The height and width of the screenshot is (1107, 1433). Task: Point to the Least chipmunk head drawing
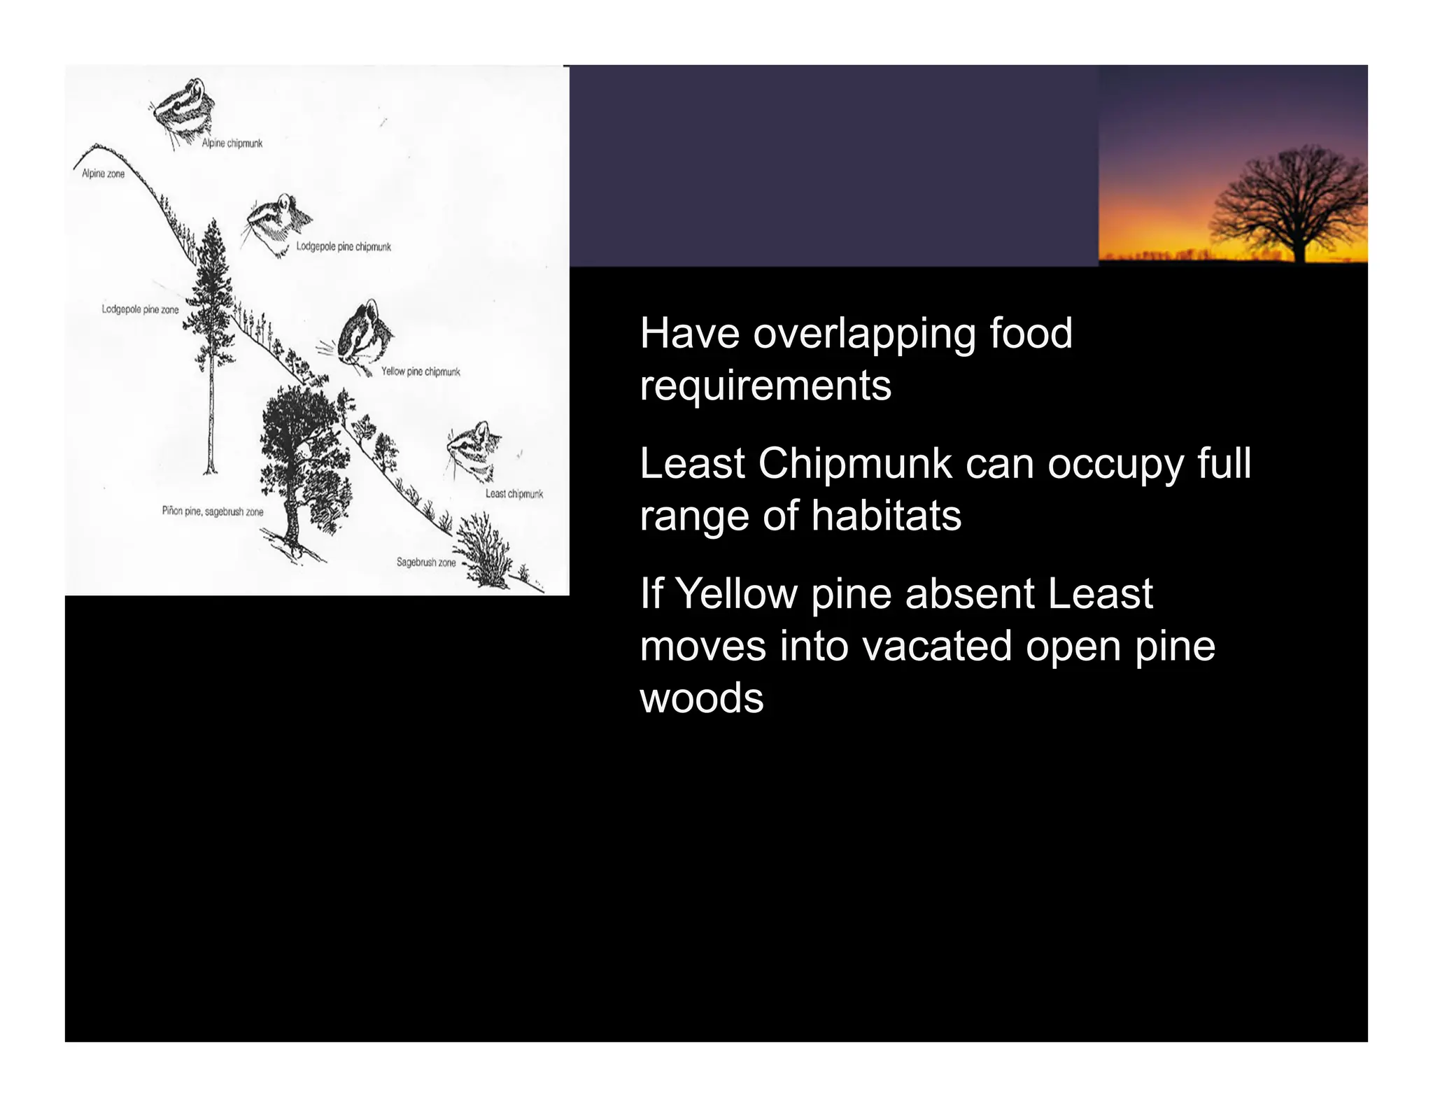474,450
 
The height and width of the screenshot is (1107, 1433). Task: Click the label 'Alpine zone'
103,174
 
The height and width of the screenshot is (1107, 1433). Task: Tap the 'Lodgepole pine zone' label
140,309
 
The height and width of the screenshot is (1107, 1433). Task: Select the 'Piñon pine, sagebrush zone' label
213,512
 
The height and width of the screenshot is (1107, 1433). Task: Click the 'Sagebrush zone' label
425,562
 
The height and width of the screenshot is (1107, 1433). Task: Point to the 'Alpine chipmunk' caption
232,143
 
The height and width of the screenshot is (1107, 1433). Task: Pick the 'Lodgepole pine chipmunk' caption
344,247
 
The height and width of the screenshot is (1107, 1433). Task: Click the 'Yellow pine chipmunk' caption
421,372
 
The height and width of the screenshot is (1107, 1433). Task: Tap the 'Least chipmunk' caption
514,494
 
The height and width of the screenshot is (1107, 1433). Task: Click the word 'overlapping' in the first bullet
863,333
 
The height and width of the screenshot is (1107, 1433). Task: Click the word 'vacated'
937,646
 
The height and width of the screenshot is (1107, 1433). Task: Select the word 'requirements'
765,386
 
